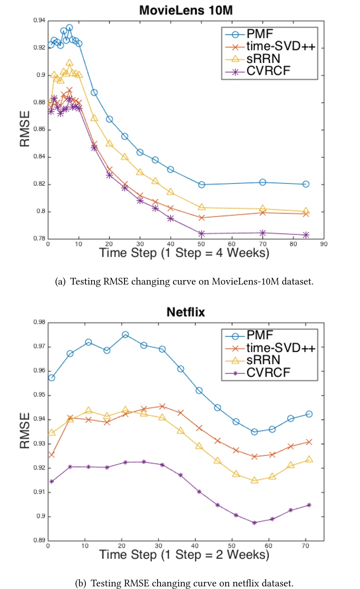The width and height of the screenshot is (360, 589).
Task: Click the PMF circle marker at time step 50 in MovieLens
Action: (202, 184)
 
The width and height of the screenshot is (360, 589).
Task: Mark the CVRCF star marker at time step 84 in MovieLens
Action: (306, 235)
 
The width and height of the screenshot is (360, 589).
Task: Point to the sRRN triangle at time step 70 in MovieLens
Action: (263, 208)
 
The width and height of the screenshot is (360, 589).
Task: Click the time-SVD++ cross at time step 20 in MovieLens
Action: (109, 169)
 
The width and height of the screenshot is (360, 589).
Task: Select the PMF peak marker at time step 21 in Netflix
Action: (125, 335)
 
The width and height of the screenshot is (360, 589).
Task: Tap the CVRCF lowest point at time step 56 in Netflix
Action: (254, 523)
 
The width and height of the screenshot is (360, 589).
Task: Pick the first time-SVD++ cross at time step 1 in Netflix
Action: (52, 455)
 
